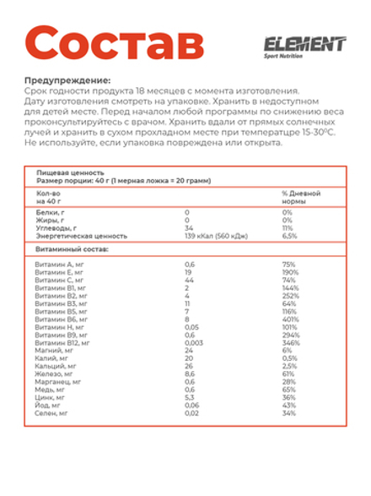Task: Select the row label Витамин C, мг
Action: (x=59, y=280)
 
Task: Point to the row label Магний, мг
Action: (x=51, y=351)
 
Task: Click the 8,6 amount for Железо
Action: (x=190, y=373)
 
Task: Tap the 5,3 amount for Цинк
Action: (x=189, y=397)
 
